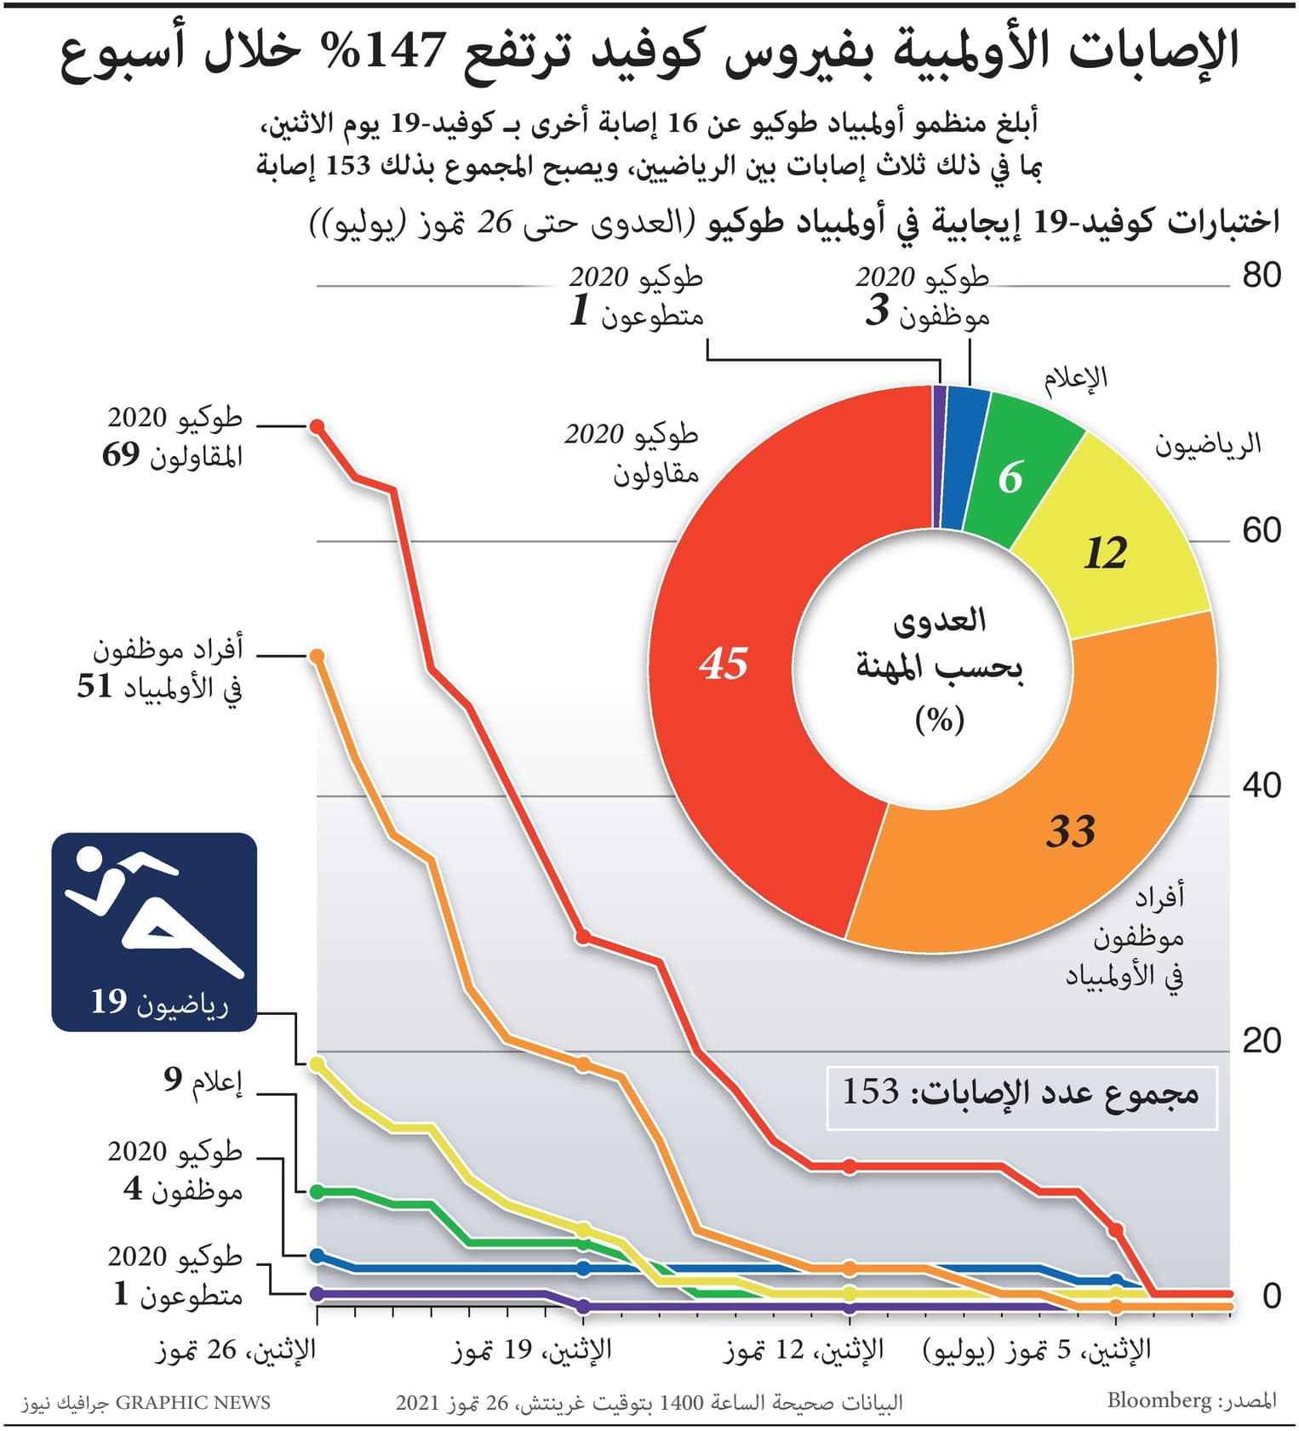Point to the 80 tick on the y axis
click(x=1261, y=276)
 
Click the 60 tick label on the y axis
click(x=1261, y=531)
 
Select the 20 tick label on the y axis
click(x=1261, y=1040)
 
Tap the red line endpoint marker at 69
click(x=318, y=426)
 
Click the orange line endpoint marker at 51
click(x=317, y=656)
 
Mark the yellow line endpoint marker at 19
click(x=318, y=1064)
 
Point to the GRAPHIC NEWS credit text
click(x=192, y=1403)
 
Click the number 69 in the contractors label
click(x=121, y=455)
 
